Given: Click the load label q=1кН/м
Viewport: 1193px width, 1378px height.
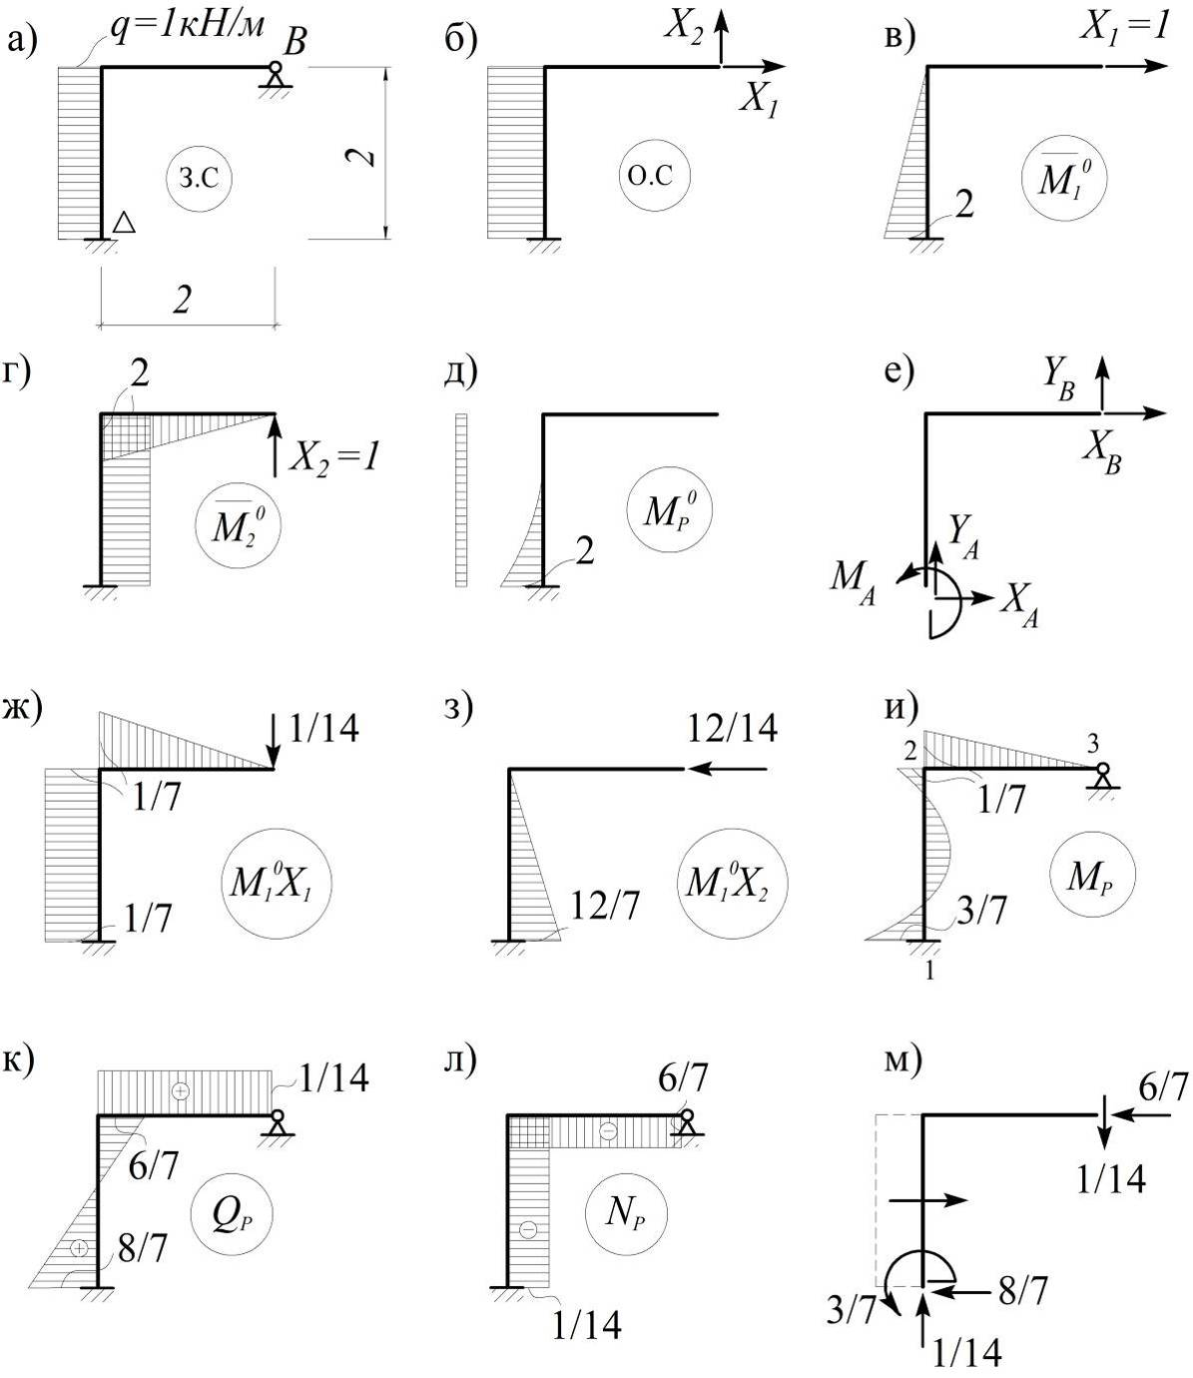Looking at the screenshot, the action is pyautogui.click(x=188, y=26).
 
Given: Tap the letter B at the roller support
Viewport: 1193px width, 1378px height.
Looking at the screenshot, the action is pyautogui.click(x=295, y=41).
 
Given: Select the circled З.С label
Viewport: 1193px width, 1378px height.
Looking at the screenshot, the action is pyautogui.click(x=200, y=179).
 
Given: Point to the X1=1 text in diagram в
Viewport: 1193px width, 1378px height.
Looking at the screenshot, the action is pyautogui.click(x=1124, y=28).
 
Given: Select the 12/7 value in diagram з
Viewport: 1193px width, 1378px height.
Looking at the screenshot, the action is pyautogui.click(x=605, y=906).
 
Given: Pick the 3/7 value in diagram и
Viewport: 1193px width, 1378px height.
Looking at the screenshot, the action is pyautogui.click(x=981, y=910).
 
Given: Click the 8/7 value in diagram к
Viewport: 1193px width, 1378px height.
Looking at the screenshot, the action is pyautogui.click(x=143, y=1248).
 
